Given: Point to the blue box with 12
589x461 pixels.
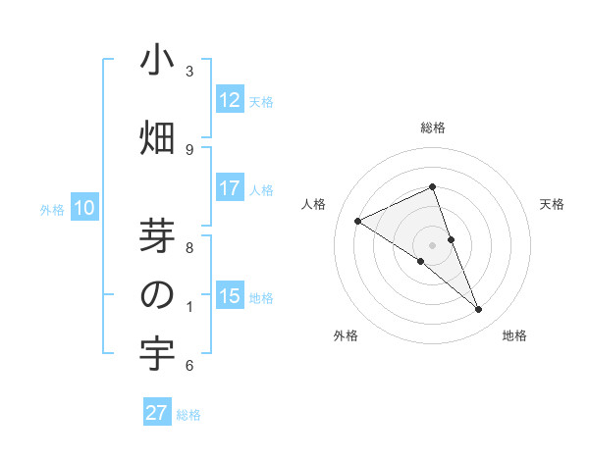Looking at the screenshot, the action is point(230,100).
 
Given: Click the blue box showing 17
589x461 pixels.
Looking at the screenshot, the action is point(230,188).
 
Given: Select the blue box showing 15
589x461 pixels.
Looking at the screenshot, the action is point(230,296).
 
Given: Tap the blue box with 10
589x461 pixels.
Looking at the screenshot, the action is point(84,208).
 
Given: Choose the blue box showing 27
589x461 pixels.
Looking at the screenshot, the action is point(157,413).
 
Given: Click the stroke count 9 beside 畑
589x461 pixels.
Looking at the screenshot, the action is point(189,149).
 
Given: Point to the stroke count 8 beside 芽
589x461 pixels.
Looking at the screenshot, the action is point(189,248).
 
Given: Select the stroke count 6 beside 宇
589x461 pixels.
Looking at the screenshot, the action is point(189,366).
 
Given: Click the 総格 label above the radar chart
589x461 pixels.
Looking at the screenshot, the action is point(433,128).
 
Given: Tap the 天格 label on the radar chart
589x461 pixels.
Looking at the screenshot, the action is point(552,204).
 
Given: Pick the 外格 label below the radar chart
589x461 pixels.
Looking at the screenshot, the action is point(346,335).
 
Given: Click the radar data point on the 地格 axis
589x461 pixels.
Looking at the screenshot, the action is point(479,310).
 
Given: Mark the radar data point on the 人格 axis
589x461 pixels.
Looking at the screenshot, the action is point(357,221).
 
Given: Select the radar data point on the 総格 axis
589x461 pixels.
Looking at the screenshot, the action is point(433,187).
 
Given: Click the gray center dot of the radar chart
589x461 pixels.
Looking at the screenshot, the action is point(433,245).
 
